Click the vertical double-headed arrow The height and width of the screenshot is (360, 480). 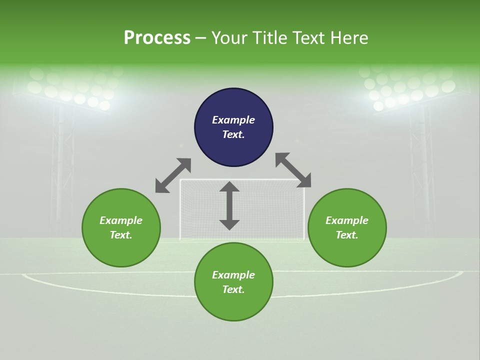(229, 205)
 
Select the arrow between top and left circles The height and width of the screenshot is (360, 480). (173, 175)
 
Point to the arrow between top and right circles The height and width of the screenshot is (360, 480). (293, 170)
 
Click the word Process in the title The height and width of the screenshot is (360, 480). (157, 38)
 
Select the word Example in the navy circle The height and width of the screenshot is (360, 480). (233, 120)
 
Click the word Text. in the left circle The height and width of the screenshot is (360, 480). (121, 235)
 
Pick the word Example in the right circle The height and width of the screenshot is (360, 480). (347, 220)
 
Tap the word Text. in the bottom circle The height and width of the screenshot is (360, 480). (233, 289)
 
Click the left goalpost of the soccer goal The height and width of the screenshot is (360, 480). (180, 210)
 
